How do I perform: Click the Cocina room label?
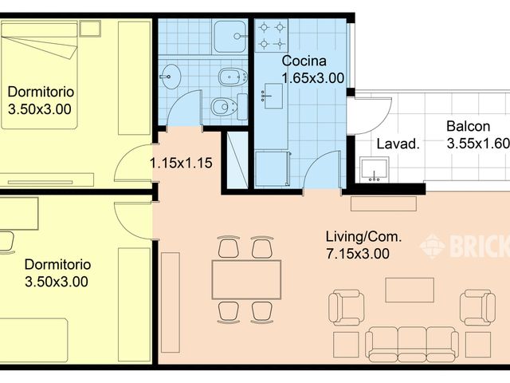pyautogui.click(x=303, y=61)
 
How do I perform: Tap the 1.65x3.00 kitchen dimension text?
pyautogui.click(x=312, y=77)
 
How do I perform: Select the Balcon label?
pyautogui.click(x=468, y=126)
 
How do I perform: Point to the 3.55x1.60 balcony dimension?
pyautogui.click(x=477, y=144)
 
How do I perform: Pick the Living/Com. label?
pyautogui.click(x=363, y=236)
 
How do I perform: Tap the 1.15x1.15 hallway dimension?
pyautogui.click(x=181, y=164)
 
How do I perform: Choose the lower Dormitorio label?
pyautogui.click(x=57, y=263)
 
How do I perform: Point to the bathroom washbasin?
pyautogui.click(x=170, y=77)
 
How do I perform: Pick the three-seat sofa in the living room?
pyautogui.click(x=412, y=343)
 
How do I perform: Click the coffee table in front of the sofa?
pyautogui.click(x=410, y=290)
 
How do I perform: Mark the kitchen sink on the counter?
pyautogui.click(x=272, y=97)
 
